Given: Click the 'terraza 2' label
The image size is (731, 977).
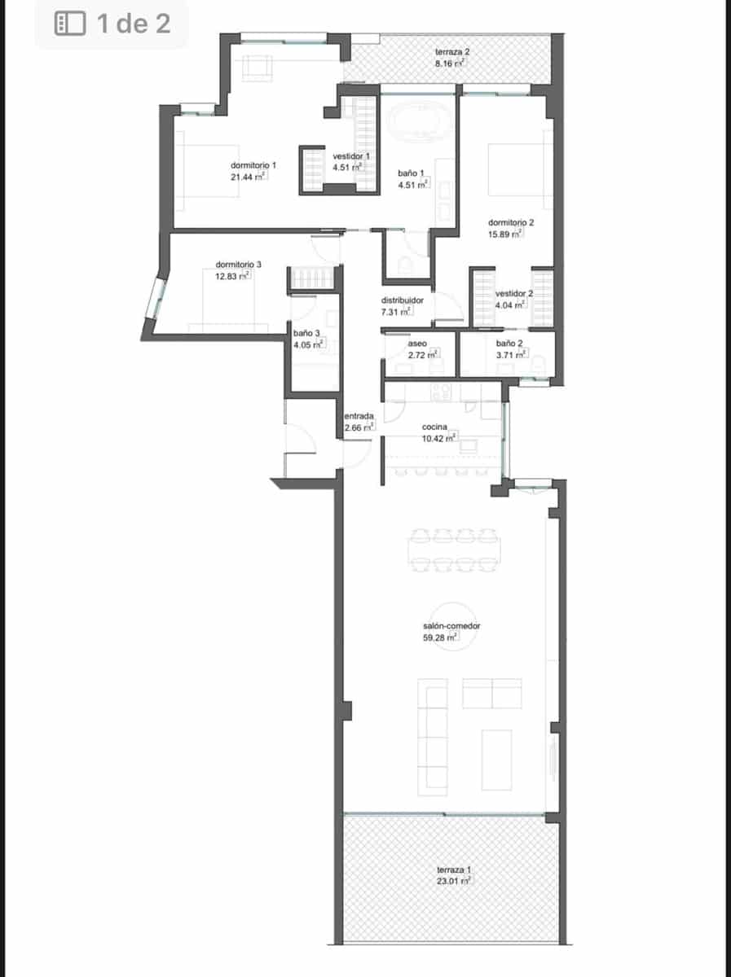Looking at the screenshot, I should pyautogui.click(x=451, y=51).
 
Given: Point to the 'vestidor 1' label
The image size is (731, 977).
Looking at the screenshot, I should pyautogui.click(x=352, y=156).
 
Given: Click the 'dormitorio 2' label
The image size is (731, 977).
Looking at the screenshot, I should pyautogui.click(x=511, y=222).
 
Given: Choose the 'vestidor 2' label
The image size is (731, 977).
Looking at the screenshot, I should pyautogui.click(x=514, y=293).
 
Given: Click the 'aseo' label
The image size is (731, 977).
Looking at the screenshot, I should pyautogui.click(x=417, y=344).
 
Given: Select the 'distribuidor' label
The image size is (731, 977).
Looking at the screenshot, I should pyautogui.click(x=403, y=300).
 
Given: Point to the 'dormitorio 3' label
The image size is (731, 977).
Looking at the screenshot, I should pyautogui.click(x=239, y=265).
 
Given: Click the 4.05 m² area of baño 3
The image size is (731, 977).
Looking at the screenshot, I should pyautogui.click(x=309, y=344).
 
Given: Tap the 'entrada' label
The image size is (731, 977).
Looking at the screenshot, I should pyautogui.click(x=359, y=416).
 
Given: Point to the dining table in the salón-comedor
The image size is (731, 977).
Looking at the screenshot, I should pyautogui.click(x=453, y=549).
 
